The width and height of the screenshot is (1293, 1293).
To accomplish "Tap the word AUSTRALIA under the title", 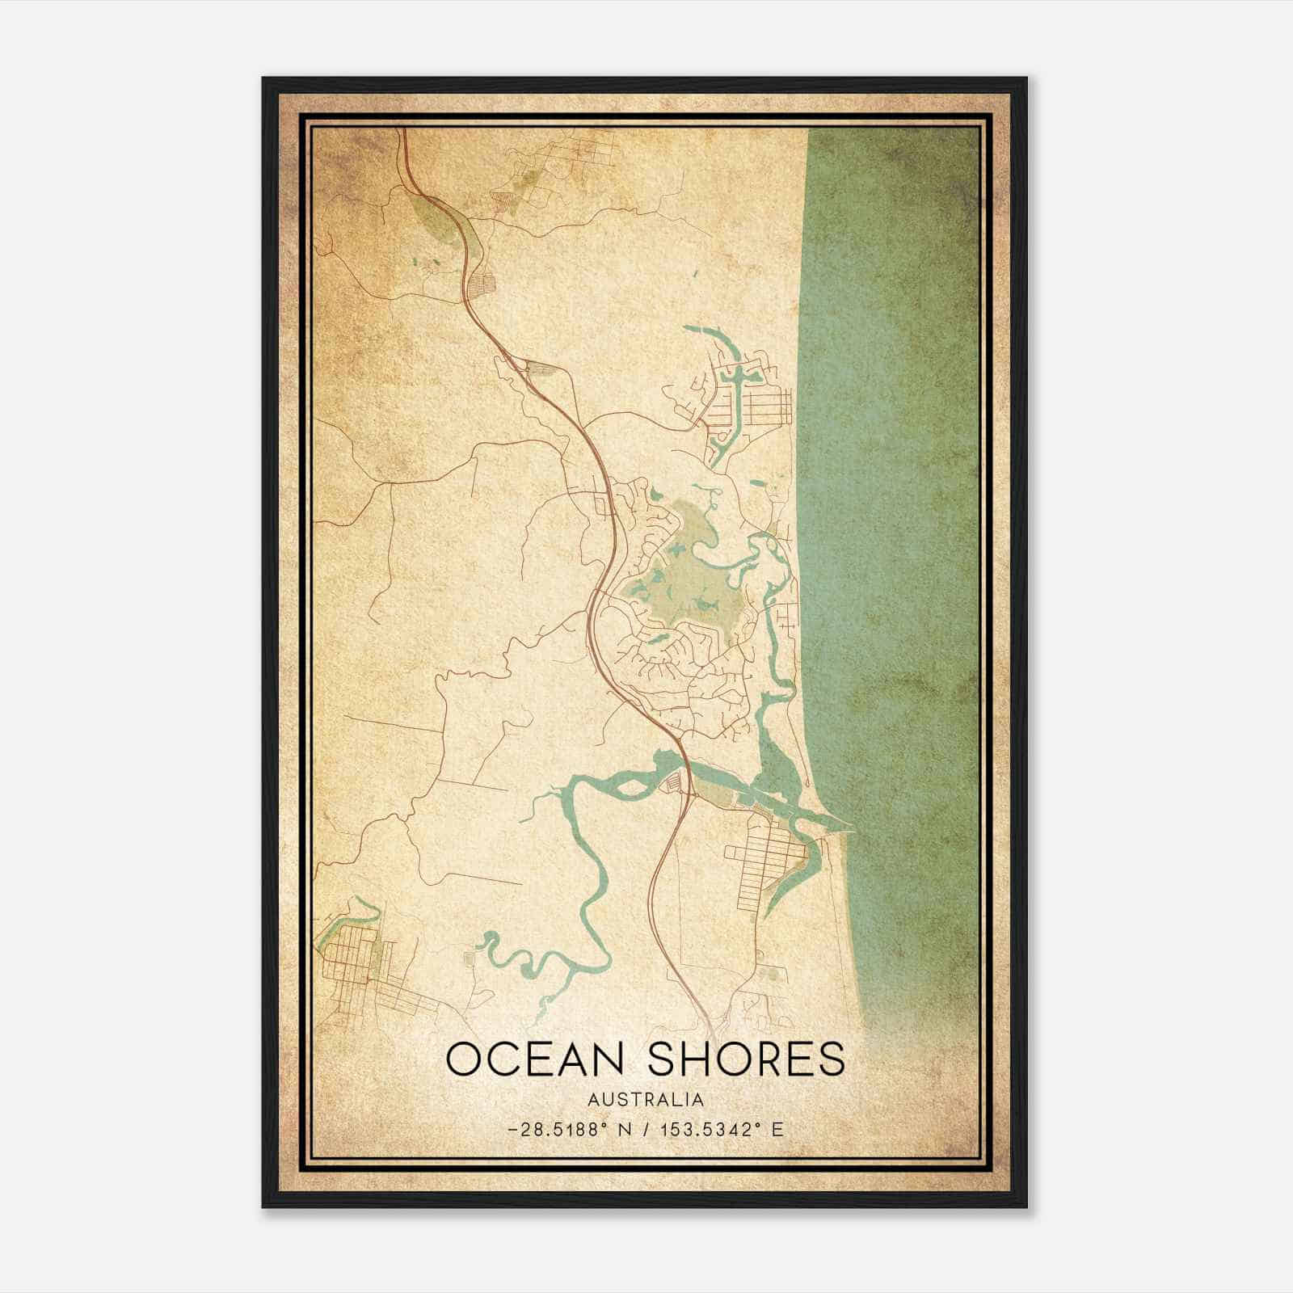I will [645, 1100].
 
